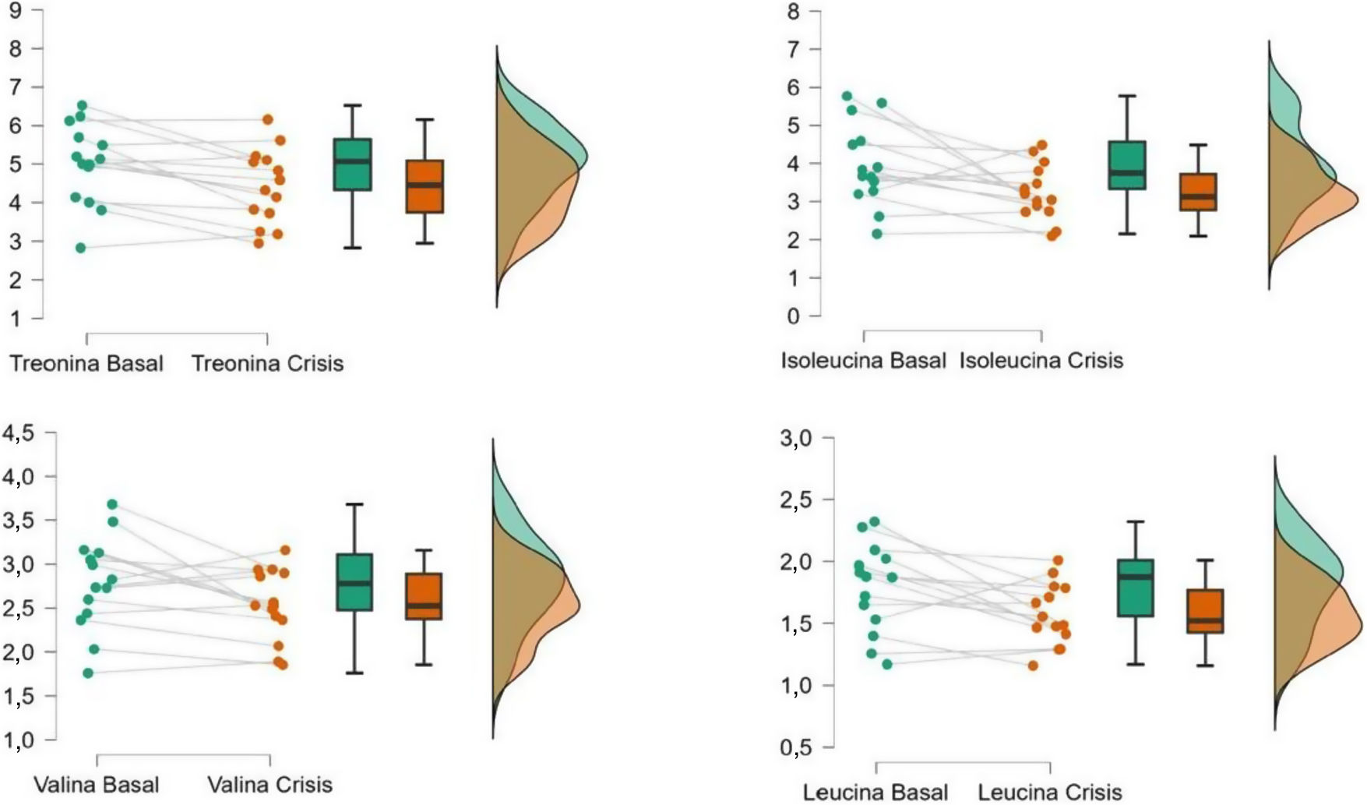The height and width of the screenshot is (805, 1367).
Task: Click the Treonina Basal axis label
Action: (x=86, y=363)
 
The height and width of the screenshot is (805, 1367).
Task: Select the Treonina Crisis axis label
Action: (x=267, y=363)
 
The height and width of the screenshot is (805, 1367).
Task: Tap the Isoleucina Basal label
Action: (x=863, y=361)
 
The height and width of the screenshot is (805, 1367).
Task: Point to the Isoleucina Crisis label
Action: (x=1041, y=361)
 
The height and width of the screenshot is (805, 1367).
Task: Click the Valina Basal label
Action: (x=97, y=784)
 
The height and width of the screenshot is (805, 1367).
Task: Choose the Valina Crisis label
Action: (x=270, y=784)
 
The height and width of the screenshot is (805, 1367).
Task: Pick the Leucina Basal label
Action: (x=876, y=793)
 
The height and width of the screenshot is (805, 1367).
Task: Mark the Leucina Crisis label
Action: (x=1050, y=793)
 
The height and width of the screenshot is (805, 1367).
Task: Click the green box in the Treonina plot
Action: (x=353, y=164)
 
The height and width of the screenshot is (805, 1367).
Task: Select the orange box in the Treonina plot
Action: (x=425, y=186)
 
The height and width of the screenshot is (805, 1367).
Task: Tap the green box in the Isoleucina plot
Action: (x=1126, y=165)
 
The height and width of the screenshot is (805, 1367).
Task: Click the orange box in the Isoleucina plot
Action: (x=1198, y=192)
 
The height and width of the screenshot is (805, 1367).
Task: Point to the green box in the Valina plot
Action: (x=354, y=581)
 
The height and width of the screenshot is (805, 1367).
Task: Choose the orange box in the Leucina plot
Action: (x=1205, y=611)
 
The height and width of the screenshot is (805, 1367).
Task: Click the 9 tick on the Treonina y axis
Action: (x=16, y=11)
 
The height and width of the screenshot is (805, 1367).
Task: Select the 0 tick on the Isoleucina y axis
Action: (x=793, y=316)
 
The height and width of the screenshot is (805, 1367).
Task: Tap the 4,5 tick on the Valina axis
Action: (x=19, y=433)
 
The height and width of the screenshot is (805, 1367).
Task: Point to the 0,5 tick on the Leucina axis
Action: (x=795, y=747)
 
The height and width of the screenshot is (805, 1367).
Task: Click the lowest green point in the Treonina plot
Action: (x=80, y=248)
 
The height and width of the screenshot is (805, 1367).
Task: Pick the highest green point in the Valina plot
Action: (x=112, y=504)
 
